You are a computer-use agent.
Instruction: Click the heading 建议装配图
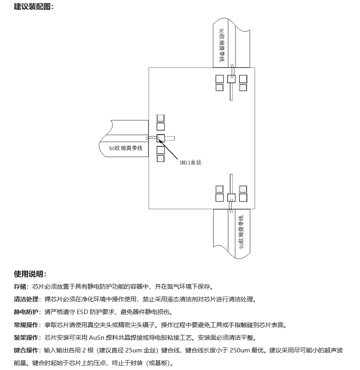click(32, 7)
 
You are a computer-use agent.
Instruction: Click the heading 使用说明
click(28, 274)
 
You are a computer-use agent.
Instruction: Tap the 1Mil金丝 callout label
click(190, 162)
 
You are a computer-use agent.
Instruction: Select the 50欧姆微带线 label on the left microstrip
click(126, 148)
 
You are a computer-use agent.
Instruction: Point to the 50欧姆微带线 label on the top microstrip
click(221, 45)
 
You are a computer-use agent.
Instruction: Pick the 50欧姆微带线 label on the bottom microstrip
click(241, 232)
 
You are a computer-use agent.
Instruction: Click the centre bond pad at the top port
click(231, 79)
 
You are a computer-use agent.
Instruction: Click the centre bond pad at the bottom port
click(231, 198)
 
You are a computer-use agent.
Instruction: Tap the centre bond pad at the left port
click(161, 138)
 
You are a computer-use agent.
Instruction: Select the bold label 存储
click(20, 286)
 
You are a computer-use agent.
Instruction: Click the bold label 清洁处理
click(26, 299)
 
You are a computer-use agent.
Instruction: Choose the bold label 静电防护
click(26, 312)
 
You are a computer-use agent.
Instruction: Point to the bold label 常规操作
click(26, 325)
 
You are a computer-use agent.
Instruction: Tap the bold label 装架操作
click(26, 338)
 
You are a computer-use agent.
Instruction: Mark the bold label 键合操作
click(26, 350)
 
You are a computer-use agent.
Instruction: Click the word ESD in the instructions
click(83, 312)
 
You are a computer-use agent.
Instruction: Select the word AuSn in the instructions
click(96, 338)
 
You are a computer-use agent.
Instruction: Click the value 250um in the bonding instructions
click(239, 350)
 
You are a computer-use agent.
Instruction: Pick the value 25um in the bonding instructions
click(133, 350)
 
